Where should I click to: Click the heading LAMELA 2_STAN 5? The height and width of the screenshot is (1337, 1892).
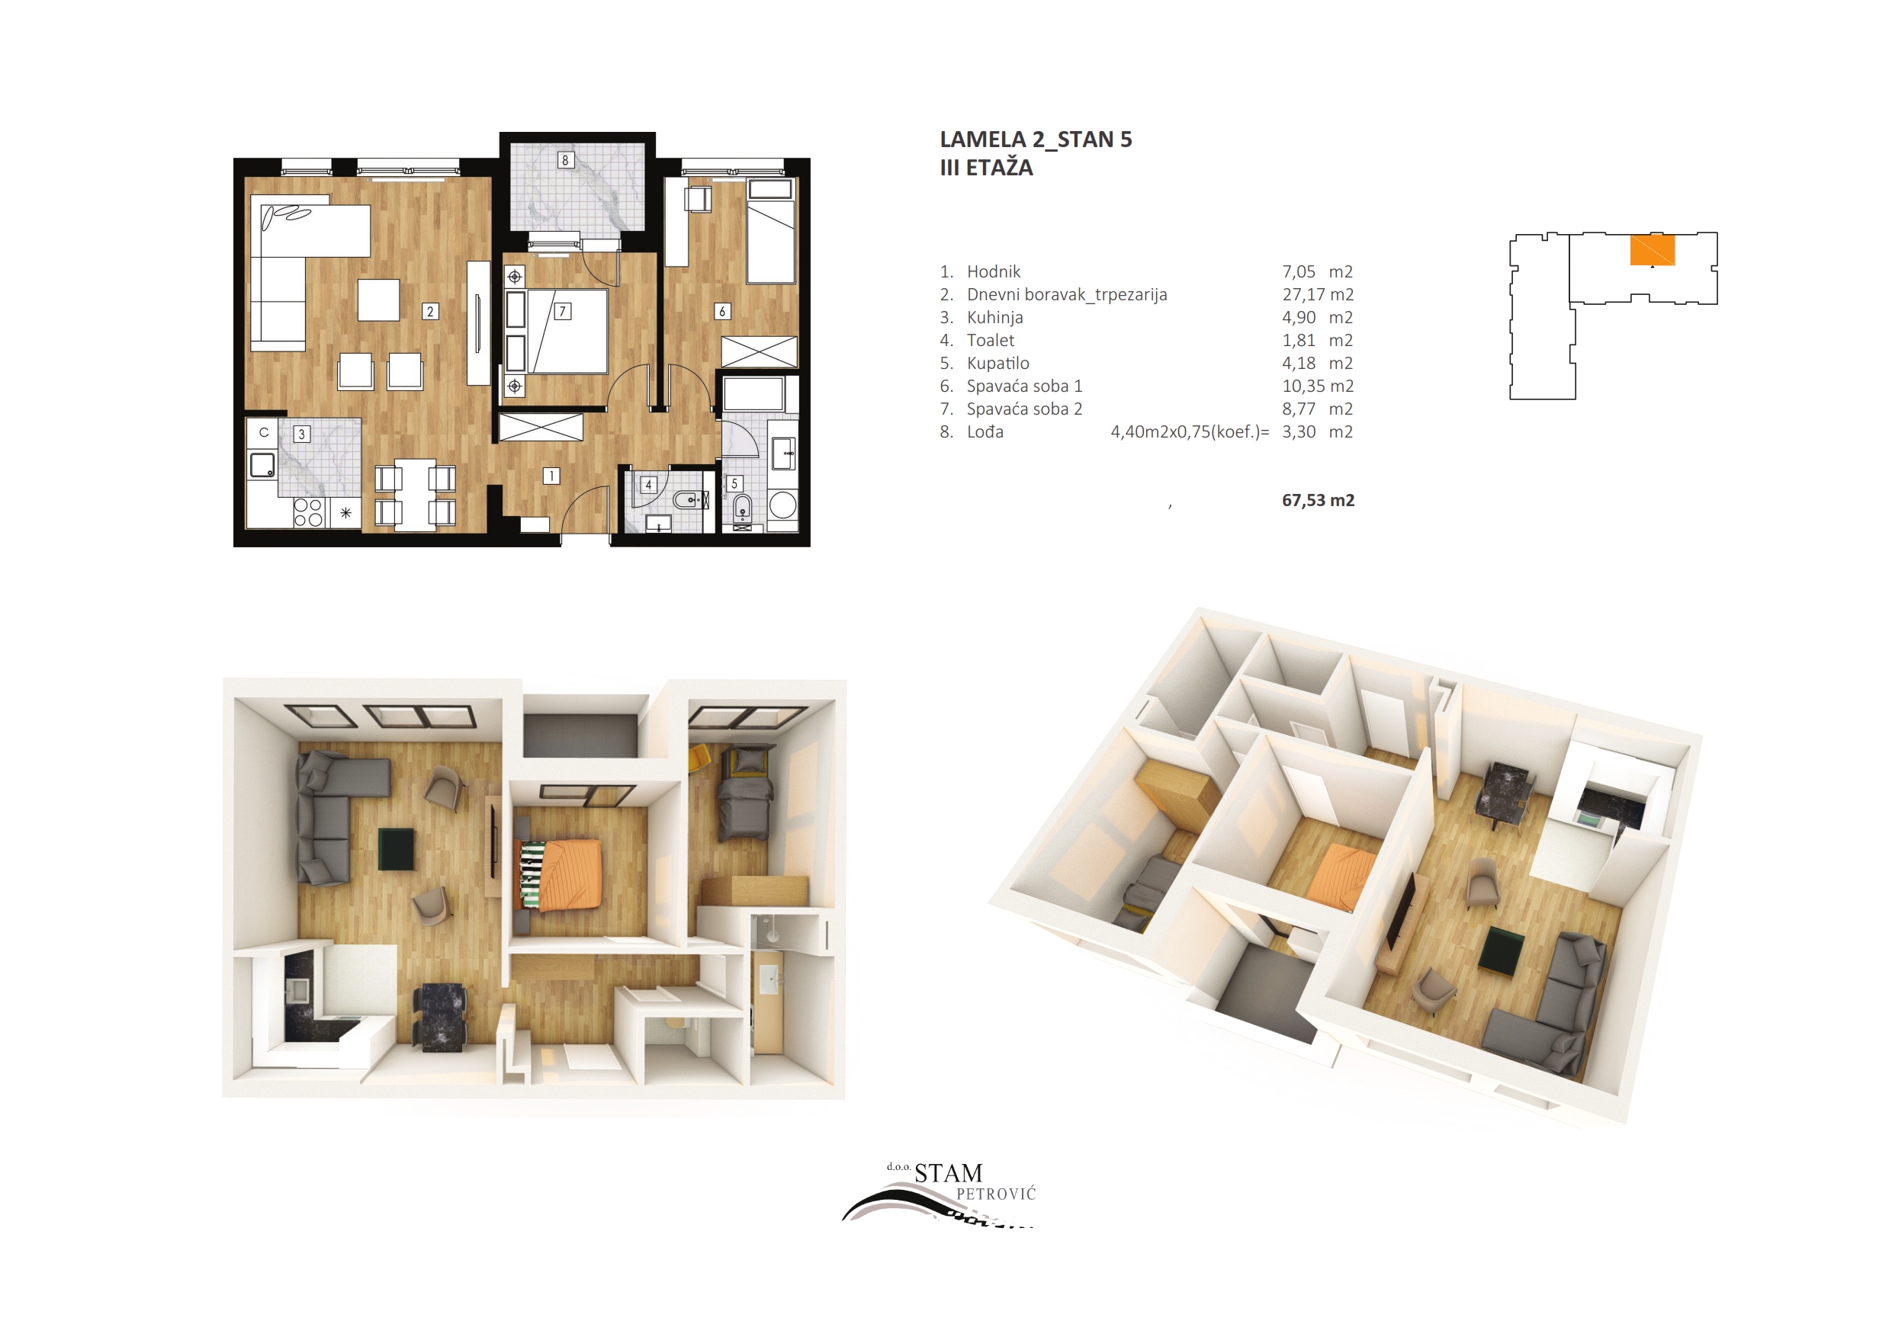(1036, 140)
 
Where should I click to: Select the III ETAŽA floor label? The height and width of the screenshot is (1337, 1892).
(986, 168)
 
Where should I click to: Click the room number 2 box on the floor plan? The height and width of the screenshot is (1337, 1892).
(430, 312)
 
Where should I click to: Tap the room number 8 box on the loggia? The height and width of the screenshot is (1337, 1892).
(565, 160)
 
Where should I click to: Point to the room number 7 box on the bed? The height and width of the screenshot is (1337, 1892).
(563, 312)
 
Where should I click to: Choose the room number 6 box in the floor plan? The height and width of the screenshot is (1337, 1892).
(723, 312)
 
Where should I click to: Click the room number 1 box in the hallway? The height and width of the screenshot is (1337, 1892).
(551, 476)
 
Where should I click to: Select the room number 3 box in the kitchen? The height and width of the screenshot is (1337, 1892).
(301, 434)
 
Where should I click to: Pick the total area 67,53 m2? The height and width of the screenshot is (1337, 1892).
(1318, 500)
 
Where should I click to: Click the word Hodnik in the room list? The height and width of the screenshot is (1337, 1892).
(994, 272)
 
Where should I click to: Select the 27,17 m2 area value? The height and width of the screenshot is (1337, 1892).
(1318, 295)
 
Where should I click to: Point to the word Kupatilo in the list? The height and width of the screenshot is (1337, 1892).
(998, 364)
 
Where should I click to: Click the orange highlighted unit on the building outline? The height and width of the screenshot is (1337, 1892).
(1653, 251)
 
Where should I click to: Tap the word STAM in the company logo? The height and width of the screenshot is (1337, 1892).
(949, 1173)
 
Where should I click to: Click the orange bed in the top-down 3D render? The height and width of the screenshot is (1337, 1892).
(571, 874)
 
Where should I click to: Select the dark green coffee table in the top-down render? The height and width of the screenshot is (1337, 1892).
(396, 849)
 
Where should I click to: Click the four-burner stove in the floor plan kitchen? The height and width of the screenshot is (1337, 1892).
(308, 512)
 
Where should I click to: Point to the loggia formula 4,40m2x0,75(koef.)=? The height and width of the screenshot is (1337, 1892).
(1190, 432)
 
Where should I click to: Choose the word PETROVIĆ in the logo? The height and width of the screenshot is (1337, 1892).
(995, 1194)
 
